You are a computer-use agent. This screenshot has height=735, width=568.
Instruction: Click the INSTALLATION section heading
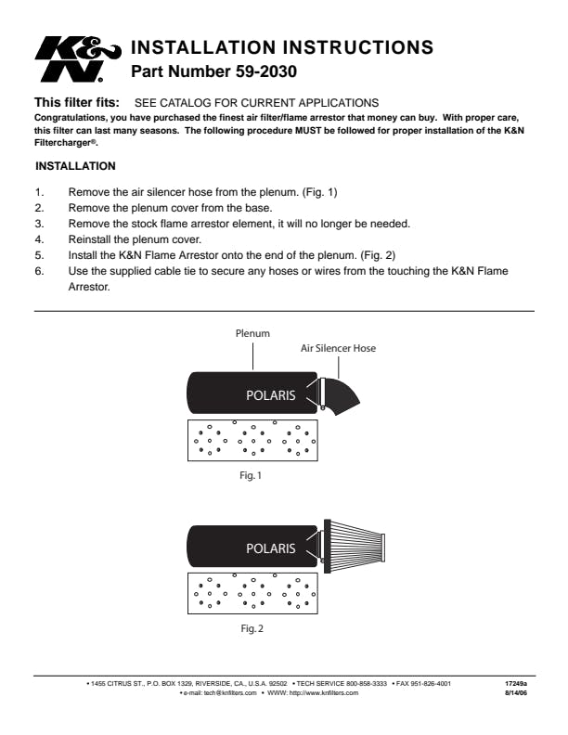75,166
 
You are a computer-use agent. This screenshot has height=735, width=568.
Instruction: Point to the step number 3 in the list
39,224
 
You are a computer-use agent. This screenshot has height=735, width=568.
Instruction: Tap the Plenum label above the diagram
252,331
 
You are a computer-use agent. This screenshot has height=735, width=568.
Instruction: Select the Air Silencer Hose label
338,349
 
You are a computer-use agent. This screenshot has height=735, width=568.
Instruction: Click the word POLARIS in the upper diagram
270,395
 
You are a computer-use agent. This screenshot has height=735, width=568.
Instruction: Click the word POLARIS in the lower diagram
270,548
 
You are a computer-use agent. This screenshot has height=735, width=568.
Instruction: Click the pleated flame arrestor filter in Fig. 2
357,543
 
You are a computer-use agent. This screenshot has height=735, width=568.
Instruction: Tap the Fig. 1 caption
251,475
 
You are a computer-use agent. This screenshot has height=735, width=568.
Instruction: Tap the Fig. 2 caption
251,628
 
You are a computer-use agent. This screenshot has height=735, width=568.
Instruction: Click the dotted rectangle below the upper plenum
252,439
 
